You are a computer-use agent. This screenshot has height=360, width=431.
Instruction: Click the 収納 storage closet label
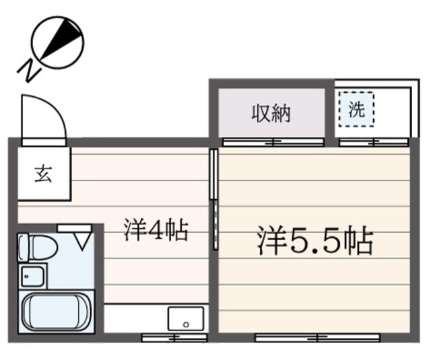271,113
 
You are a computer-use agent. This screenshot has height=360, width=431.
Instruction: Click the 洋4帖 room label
155,231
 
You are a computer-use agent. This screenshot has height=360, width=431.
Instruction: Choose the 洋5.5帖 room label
314,240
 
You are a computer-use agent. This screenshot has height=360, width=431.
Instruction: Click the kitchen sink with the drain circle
186,318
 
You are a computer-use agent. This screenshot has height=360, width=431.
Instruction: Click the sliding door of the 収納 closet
273,142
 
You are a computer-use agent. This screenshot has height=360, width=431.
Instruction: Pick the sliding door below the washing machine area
372,142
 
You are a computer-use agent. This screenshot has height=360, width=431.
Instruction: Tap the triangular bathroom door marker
84,239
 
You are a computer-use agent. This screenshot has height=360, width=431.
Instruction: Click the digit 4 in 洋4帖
154,231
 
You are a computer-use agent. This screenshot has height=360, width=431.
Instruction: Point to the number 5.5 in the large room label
315,241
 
